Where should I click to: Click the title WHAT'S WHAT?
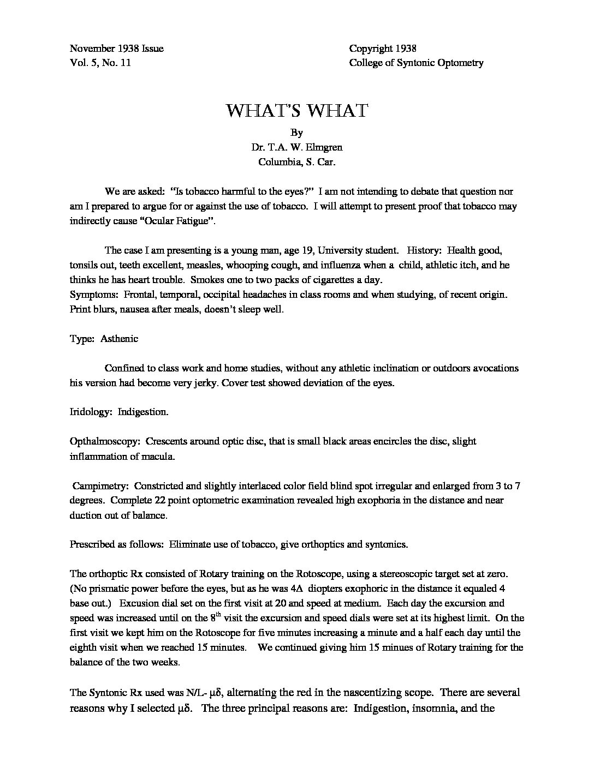pos(297,111)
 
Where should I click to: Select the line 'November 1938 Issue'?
pos(117,49)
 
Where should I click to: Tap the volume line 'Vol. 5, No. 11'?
pos(100,63)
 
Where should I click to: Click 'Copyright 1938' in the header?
pos(383,49)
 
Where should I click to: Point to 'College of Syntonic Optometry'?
pos(416,63)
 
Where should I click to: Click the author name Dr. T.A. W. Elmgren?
pos(297,147)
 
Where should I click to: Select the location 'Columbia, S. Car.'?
pos(297,161)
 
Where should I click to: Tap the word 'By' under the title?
pos(297,133)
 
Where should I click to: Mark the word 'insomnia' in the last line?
pos(423,709)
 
